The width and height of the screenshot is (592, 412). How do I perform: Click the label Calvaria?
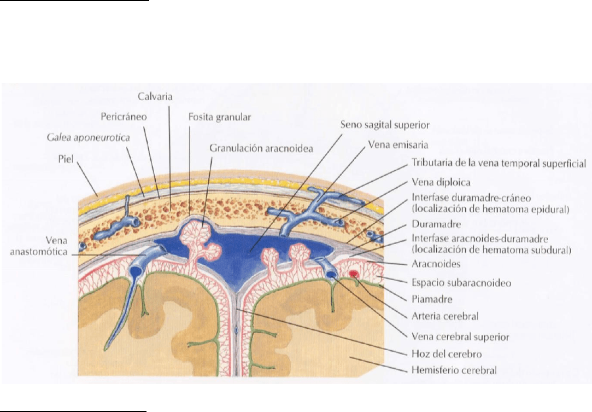[x=155, y=96]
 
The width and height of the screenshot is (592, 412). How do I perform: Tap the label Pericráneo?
[x=124, y=117]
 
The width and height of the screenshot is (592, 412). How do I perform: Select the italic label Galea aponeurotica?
[x=89, y=137]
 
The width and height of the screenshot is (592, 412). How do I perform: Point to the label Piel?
[x=66, y=159]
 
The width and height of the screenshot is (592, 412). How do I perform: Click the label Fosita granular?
[x=220, y=117]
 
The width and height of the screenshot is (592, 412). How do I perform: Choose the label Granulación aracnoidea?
[x=261, y=148]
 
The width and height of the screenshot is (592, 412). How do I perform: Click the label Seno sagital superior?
[x=385, y=125]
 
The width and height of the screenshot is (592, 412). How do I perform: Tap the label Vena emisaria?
[x=398, y=145]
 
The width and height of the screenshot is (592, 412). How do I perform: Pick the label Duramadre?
[x=436, y=224]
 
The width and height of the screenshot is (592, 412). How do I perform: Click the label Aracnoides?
[x=436, y=264]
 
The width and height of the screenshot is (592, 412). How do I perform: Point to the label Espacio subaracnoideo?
[x=461, y=283]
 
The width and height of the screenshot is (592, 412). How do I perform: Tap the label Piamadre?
[x=432, y=299]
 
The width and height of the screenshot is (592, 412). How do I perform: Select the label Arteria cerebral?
[x=445, y=316]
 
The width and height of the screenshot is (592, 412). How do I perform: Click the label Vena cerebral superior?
[x=460, y=337]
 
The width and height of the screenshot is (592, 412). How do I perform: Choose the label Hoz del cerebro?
[x=447, y=354]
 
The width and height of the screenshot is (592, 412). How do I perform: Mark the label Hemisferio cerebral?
[x=454, y=370]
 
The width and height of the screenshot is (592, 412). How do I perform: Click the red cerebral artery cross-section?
[x=354, y=273]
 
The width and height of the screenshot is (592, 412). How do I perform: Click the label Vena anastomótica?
[x=38, y=246]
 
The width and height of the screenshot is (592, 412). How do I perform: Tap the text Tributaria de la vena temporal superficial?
[x=499, y=163]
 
